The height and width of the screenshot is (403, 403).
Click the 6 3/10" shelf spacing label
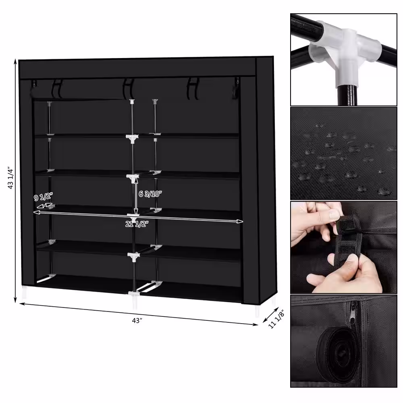pos(150,193)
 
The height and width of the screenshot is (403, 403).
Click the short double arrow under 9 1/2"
pos(44,206)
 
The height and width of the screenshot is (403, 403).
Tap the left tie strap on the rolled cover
pos(58,89)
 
